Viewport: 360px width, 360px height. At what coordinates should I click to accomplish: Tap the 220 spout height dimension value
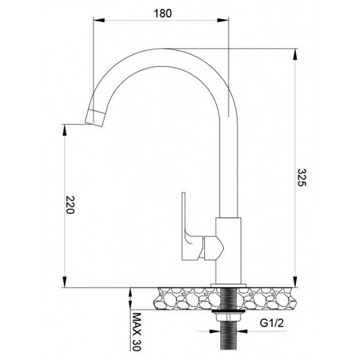(71, 205)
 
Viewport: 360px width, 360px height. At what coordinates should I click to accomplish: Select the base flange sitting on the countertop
(229, 283)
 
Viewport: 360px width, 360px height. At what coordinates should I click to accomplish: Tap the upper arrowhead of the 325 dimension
(294, 52)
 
